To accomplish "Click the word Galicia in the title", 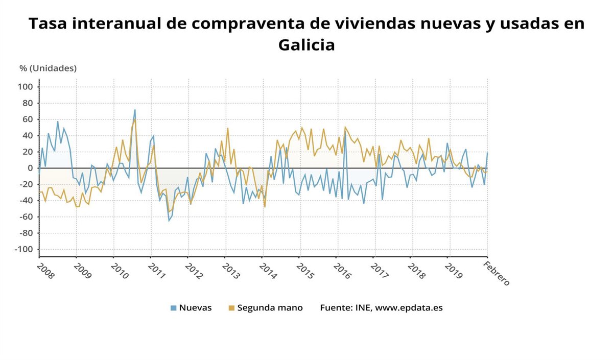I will pyautogui.click(x=306, y=45).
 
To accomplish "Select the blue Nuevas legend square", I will pyautogui.click(x=174, y=308).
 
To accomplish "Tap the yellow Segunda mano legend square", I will pyautogui.click(x=232, y=308).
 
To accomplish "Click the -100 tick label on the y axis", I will pyautogui.click(x=24, y=249).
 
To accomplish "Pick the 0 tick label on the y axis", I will pyautogui.click(x=30, y=168).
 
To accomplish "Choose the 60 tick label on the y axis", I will pyautogui.click(x=28, y=119).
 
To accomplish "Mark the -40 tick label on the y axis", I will pyautogui.click(x=26, y=201).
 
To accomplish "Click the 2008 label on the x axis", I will pyautogui.click(x=45, y=272).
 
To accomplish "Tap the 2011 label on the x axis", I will pyautogui.click(x=157, y=272).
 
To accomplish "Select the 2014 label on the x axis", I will pyautogui.click(x=269, y=272).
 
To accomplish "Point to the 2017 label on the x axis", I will pyautogui.click(x=381, y=272).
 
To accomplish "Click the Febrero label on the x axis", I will pyautogui.click(x=497, y=273).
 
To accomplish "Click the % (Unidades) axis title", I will pyautogui.click(x=48, y=68).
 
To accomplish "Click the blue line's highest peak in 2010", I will pyautogui.click(x=135, y=110).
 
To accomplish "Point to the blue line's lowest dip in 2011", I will pyautogui.click(x=169, y=221).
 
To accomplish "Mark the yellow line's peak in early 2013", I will pyautogui.click(x=228, y=128).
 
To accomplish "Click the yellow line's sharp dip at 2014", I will pyautogui.click(x=265, y=206).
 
